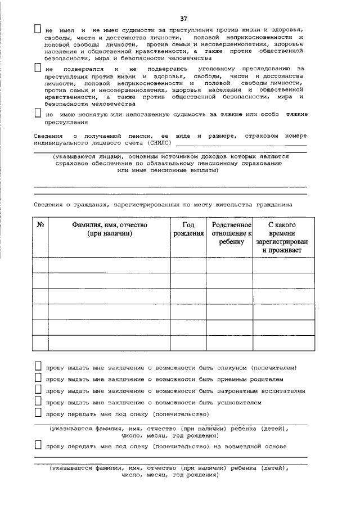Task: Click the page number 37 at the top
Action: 183,19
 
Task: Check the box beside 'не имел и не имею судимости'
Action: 38,29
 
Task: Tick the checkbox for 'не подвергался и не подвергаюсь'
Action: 38,68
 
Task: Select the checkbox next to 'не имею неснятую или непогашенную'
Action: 38,114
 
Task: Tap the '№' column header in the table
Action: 40,225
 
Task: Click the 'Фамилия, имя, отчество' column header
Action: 110,229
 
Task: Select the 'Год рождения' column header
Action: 188,229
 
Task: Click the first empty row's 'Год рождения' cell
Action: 188,264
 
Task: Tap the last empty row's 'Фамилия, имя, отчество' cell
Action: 110,343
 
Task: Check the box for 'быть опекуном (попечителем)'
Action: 38,367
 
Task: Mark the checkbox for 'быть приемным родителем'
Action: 38,379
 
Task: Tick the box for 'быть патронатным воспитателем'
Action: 38,390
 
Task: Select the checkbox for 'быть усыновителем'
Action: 38,402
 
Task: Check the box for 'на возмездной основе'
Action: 38,446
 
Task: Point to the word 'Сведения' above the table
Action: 48,205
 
